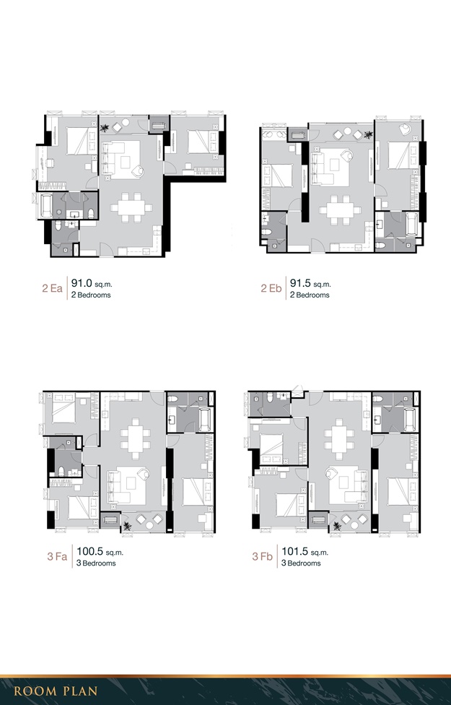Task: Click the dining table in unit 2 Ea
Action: tap(131, 208)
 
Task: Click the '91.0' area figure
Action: tap(82, 284)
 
